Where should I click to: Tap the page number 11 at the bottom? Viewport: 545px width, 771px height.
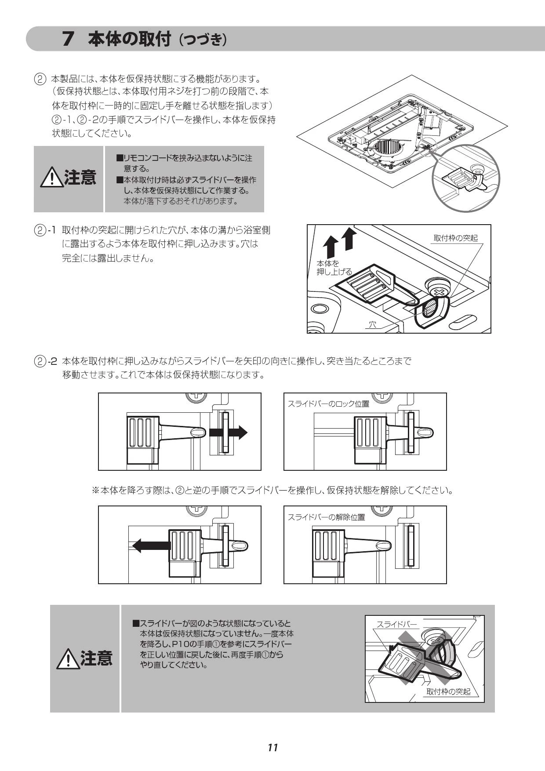[272, 748]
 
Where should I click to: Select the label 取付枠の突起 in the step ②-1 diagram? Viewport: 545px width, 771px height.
[455, 238]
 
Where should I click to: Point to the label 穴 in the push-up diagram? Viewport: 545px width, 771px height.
[373, 325]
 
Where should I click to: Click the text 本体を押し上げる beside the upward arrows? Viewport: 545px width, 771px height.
[334, 268]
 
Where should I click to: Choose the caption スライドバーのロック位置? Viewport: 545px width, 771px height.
[328, 404]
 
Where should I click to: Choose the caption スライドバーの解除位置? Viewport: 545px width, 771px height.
[326, 517]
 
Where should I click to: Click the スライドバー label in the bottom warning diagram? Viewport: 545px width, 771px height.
[397, 624]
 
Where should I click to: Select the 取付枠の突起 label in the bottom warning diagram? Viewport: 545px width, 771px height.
[448, 691]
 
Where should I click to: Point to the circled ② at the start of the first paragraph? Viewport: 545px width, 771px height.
[40, 80]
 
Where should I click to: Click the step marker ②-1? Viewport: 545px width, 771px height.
[45, 230]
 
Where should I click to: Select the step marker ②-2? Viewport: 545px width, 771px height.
[46, 362]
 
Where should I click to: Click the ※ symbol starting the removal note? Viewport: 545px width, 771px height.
[95, 490]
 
